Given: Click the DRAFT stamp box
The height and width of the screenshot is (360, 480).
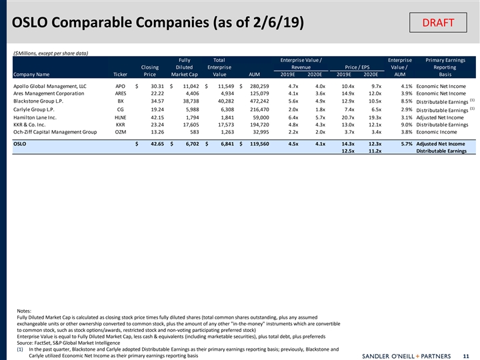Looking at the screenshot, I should point(438,23).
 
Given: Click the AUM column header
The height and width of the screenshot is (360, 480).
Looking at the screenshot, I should point(254,75).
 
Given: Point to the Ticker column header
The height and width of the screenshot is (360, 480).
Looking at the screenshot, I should point(120,75).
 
